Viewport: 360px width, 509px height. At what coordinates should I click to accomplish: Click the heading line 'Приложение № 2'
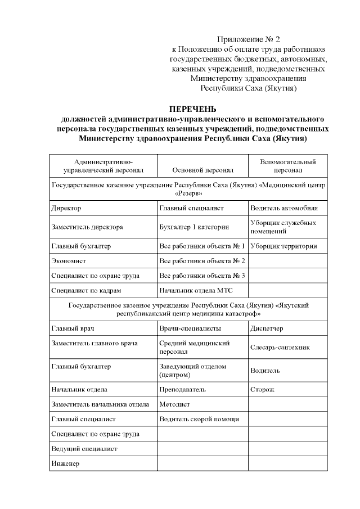(249, 39)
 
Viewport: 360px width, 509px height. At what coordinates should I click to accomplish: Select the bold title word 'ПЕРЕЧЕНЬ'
(193, 109)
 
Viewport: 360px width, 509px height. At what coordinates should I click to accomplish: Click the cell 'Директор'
(66, 208)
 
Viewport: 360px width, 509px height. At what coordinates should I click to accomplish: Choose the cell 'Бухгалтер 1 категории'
(194, 227)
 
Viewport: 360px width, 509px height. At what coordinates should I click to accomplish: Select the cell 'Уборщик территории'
(283, 246)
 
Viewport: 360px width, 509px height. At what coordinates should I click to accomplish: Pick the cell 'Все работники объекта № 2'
(202, 260)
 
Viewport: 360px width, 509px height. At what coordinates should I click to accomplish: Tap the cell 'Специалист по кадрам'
(86, 291)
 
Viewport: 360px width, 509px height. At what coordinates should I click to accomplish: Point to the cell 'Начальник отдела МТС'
(196, 291)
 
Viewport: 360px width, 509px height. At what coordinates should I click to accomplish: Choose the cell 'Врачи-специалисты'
(190, 328)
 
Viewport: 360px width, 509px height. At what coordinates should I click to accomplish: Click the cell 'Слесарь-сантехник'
(280, 348)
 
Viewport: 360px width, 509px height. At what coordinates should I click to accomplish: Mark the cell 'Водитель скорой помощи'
(199, 419)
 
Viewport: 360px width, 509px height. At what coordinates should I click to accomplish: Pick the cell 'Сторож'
(262, 389)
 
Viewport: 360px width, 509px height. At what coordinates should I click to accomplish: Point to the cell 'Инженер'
(65, 464)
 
